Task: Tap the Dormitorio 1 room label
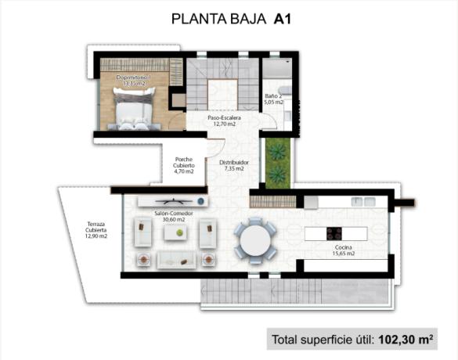point(132,81)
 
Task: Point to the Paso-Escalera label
point(224,120)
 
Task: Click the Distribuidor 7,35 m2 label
point(233,165)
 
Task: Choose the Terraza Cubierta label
point(97,230)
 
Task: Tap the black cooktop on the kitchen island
point(334,233)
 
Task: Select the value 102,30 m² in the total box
point(406,340)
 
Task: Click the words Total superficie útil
point(323,340)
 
